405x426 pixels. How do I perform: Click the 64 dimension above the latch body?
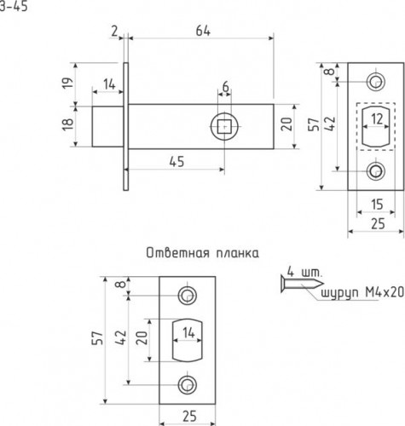(201, 32)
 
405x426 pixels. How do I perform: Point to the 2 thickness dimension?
(113, 32)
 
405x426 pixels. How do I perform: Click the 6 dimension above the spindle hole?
(225, 88)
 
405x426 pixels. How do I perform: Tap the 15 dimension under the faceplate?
(374, 203)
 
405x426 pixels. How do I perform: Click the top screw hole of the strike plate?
(187, 296)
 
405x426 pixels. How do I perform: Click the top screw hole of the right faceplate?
(375, 82)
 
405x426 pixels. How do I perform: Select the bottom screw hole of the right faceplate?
(375, 172)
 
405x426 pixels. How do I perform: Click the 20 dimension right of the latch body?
(287, 126)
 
